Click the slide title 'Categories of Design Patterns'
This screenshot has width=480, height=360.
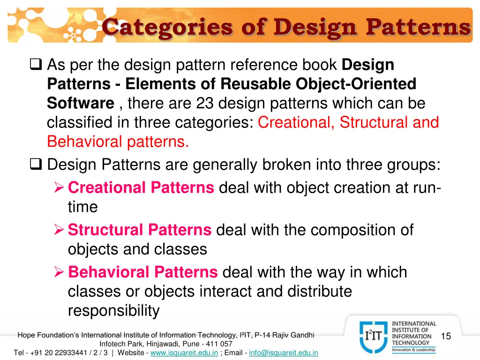coord(286,26)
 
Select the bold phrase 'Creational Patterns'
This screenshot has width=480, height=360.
coord(141,188)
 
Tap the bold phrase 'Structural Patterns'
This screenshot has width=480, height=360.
coord(140,230)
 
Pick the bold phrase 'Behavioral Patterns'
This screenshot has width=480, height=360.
coord(143,272)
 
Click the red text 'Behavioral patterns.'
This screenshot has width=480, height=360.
coord(118,142)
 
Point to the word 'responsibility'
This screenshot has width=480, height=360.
coord(113,311)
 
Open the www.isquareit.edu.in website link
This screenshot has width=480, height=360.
coord(184,352)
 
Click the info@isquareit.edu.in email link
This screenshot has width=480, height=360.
coord(284,352)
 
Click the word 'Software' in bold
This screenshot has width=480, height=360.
coord(81,103)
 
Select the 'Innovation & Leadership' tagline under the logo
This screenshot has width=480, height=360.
coord(413,350)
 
